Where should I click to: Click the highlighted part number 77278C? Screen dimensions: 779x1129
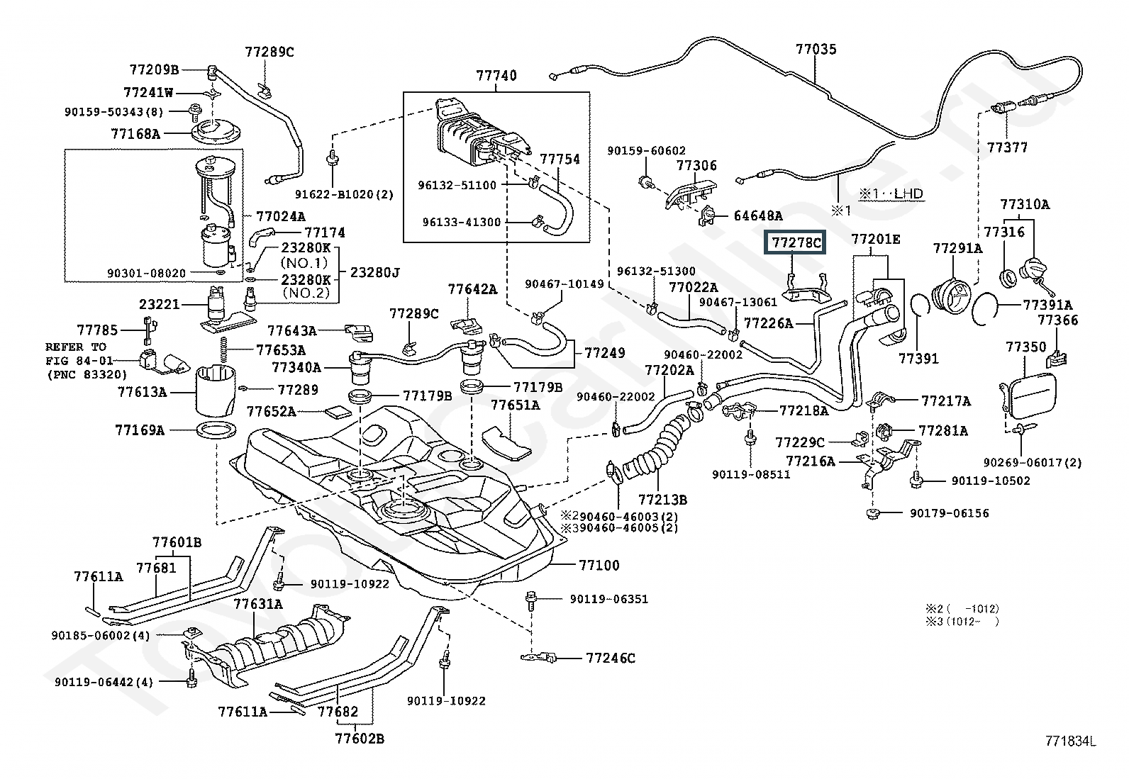[x=796, y=244]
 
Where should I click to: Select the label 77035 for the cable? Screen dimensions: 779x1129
[x=816, y=50]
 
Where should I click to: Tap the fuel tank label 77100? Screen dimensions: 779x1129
[x=599, y=565]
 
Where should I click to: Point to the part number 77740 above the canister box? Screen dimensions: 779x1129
[x=496, y=76]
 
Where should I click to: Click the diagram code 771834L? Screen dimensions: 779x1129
[x=1070, y=741]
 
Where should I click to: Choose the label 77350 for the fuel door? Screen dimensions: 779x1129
[x=1026, y=347]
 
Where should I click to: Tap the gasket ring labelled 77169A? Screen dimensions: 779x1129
[x=213, y=430]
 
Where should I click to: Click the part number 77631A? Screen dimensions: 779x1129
[x=258, y=604]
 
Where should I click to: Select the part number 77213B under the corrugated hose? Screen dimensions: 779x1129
[x=662, y=499]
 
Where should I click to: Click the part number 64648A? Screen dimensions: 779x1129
[x=758, y=215]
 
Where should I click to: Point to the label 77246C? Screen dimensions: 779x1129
[x=611, y=658]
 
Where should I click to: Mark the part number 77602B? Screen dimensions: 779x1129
[x=360, y=739]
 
